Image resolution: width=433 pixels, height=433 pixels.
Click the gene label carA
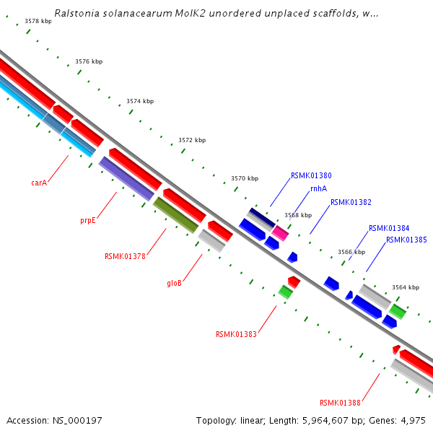click(x=39, y=183)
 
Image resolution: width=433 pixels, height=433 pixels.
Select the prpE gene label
click(x=88, y=220)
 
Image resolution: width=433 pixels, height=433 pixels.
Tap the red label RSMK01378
click(x=125, y=255)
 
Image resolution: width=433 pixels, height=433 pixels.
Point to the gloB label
click(x=174, y=283)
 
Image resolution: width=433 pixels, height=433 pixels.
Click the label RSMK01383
click(x=236, y=334)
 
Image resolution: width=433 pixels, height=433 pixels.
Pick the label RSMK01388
click(x=340, y=403)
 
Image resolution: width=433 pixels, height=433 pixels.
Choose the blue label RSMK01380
click(x=311, y=175)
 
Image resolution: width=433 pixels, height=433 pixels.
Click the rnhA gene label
click(x=318, y=188)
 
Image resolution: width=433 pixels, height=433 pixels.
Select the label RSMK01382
click(x=351, y=202)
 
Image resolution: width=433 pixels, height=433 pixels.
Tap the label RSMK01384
click(x=389, y=228)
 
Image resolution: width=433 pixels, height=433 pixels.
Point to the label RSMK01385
click(x=406, y=240)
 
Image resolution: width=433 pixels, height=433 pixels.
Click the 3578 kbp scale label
click(x=38, y=22)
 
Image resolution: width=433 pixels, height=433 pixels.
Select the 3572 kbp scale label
click(x=192, y=140)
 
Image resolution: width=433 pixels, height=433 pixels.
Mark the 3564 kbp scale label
click(x=406, y=287)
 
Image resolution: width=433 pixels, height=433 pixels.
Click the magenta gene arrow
click(x=280, y=233)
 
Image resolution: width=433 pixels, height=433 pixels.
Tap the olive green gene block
click(x=175, y=215)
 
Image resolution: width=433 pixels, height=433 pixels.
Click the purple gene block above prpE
click(x=126, y=178)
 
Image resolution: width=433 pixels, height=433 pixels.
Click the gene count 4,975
click(x=411, y=420)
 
